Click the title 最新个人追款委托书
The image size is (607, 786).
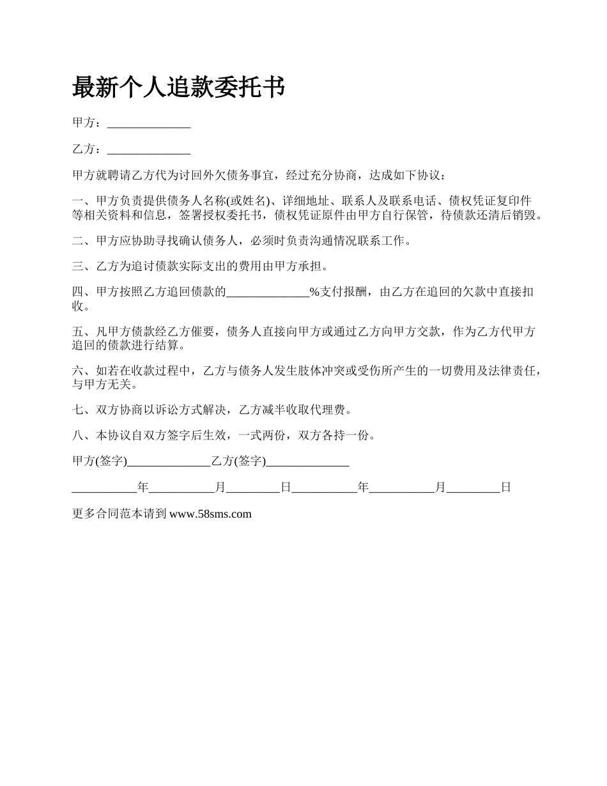click(x=178, y=88)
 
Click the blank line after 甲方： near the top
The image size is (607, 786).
click(x=149, y=123)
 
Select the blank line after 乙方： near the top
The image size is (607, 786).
click(x=149, y=150)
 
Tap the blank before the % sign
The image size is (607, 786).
click(x=268, y=293)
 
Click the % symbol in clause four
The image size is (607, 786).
click(x=314, y=293)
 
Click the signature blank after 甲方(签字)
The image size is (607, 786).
click(x=169, y=461)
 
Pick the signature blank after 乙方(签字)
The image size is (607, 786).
click(x=307, y=461)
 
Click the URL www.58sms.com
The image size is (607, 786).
click(x=210, y=514)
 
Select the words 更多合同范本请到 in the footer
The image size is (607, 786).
click(x=119, y=514)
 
